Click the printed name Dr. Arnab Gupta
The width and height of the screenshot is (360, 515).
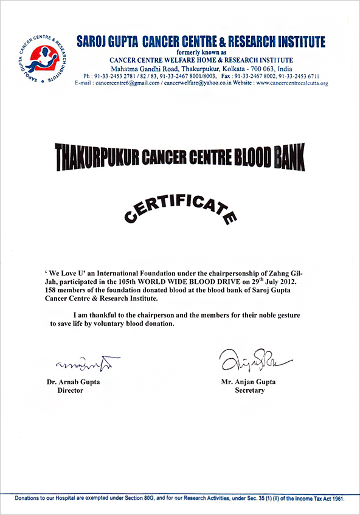click(x=73, y=382)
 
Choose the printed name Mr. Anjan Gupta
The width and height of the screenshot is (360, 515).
click(x=249, y=382)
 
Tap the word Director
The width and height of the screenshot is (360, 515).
click(x=70, y=390)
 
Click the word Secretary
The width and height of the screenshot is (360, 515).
click(x=249, y=390)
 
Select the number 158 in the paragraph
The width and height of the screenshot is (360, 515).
click(x=54, y=290)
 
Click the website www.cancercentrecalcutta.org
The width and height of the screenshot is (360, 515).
click(x=292, y=83)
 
